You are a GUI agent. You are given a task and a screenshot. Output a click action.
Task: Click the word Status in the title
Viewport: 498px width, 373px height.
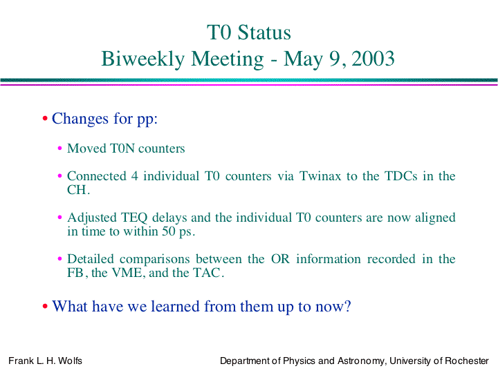(264, 32)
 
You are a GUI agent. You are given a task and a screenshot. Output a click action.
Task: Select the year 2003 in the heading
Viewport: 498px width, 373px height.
(373, 59)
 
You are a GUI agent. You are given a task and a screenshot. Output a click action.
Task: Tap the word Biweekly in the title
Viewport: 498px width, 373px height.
(143, 59)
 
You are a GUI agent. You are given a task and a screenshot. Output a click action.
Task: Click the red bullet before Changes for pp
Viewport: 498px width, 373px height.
(45, 119)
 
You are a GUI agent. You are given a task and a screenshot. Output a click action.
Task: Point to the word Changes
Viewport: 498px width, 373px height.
(80, 119)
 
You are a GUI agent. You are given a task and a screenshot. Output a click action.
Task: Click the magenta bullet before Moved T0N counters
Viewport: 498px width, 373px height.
(59, 148)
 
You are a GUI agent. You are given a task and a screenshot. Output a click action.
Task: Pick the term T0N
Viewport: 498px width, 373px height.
(122, 149)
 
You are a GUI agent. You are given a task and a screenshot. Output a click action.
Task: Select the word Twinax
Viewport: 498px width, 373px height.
(320, 176)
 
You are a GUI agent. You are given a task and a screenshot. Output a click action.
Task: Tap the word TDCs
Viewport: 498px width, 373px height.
(400, 176)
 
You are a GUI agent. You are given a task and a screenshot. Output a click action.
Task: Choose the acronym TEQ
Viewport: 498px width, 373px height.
(134, 218)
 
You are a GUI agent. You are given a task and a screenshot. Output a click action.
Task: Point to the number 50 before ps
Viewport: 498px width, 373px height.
(169, 231)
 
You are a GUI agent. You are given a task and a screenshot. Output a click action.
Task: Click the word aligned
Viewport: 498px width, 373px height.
(435, 218)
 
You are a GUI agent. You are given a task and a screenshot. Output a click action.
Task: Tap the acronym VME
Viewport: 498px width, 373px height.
(127, 273)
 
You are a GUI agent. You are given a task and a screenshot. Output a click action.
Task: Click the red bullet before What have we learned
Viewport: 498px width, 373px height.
(45, 307)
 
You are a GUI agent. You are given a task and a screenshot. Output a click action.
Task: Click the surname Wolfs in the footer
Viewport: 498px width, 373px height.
(70, 361)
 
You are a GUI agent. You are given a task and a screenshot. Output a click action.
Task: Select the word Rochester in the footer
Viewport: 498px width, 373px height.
(467, 361)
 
